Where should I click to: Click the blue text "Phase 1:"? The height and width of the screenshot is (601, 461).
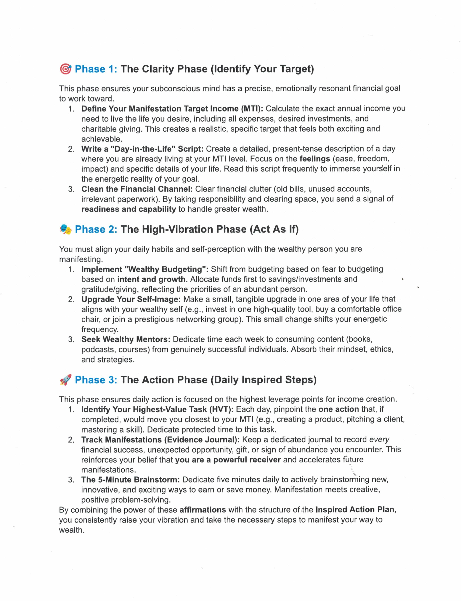(96, 69)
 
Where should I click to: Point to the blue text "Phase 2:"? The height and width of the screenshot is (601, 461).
(96, 229)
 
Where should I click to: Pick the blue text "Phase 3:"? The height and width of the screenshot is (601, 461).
(96, 380)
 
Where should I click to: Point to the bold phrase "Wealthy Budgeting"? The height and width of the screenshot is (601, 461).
(167, 269)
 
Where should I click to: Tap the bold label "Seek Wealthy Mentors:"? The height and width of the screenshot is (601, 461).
(126, 339)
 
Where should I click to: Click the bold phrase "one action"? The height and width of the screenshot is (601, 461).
(339, 409)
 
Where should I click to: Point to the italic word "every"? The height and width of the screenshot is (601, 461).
(379, 439)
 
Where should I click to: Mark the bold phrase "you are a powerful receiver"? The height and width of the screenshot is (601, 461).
(228, 460)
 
